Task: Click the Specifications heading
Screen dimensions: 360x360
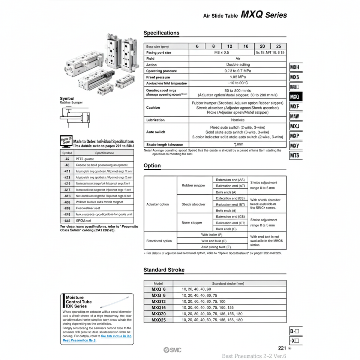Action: coord(162,33)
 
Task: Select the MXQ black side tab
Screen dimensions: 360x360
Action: coord(295,97)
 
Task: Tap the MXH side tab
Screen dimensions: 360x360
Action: coord(295,68)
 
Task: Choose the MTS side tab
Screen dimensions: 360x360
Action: coord(295,155)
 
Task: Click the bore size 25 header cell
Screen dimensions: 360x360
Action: coord(278,46)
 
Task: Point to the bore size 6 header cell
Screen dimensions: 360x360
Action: coord(197,46)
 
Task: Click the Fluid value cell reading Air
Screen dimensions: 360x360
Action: coord(238,59)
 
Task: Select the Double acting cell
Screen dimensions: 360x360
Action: coord(238,65)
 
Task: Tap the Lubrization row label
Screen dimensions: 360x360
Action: coord(155,120)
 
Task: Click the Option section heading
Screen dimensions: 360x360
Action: coord(152,166)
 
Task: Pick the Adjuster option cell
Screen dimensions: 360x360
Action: coord(157,204)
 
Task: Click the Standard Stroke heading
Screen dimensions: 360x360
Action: coord(164,270)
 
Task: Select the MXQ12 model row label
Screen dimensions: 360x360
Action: coord(159,301)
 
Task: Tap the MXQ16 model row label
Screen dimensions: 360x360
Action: coord(159,307)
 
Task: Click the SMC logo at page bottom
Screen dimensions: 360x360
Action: coord(172,350)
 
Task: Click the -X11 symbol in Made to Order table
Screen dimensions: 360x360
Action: coord(67,171)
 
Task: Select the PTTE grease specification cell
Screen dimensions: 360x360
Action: coord(84,159)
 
